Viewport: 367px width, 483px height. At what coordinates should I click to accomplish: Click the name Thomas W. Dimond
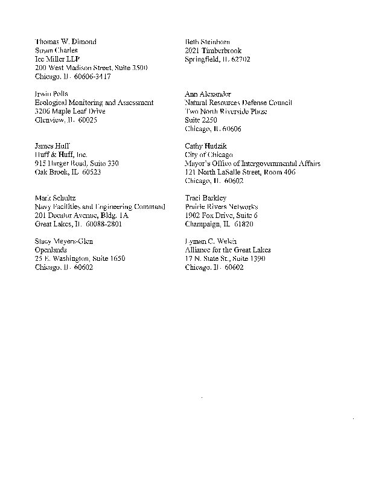(66, 42)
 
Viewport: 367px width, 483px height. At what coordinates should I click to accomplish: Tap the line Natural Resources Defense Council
(238, 103)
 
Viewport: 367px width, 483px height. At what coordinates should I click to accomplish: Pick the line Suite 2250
(201, 120)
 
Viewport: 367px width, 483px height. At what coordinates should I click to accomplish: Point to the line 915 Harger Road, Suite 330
(77, 164)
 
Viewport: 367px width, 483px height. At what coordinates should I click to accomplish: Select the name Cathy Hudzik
(206, 146)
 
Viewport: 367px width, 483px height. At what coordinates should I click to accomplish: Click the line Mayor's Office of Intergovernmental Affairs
(253, 164)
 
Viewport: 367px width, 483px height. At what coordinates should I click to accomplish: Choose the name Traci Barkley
(206, 198)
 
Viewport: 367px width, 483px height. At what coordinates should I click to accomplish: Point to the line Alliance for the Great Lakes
(228, 250)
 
